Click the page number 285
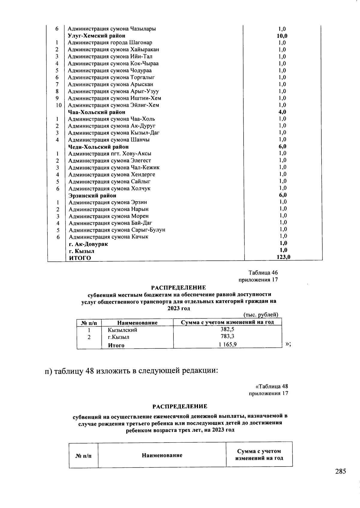pyautogui.click(x=340, y=471)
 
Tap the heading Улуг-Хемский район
pyautogui.click(x=96, y=36)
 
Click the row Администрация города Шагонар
pyautogui.click(x=110, y=43)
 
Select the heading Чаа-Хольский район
pyautogui.click(x=97, y=112)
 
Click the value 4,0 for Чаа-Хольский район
pyautogui.click(x=282, y=112)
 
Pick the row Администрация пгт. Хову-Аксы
pyautogui.click(x=110, y=154)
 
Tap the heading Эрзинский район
pyautogui.click(x=92, y=196)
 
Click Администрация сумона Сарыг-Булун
pyautogui.click(x=117, y=230)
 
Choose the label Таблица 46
pyautogui.click(x=263, y=273)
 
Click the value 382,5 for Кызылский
pyautogui.click(x=227, y=329)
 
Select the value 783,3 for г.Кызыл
pyautogui.click(x=227, y=336)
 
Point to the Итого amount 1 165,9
pyautogui.click(x=227, y=344)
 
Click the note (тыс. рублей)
pyautogui.click(x=261, y=315)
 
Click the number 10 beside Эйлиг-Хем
pyautogui.click(x=58, y=105)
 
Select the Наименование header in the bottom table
pyautogui.click(x=162, y=455)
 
